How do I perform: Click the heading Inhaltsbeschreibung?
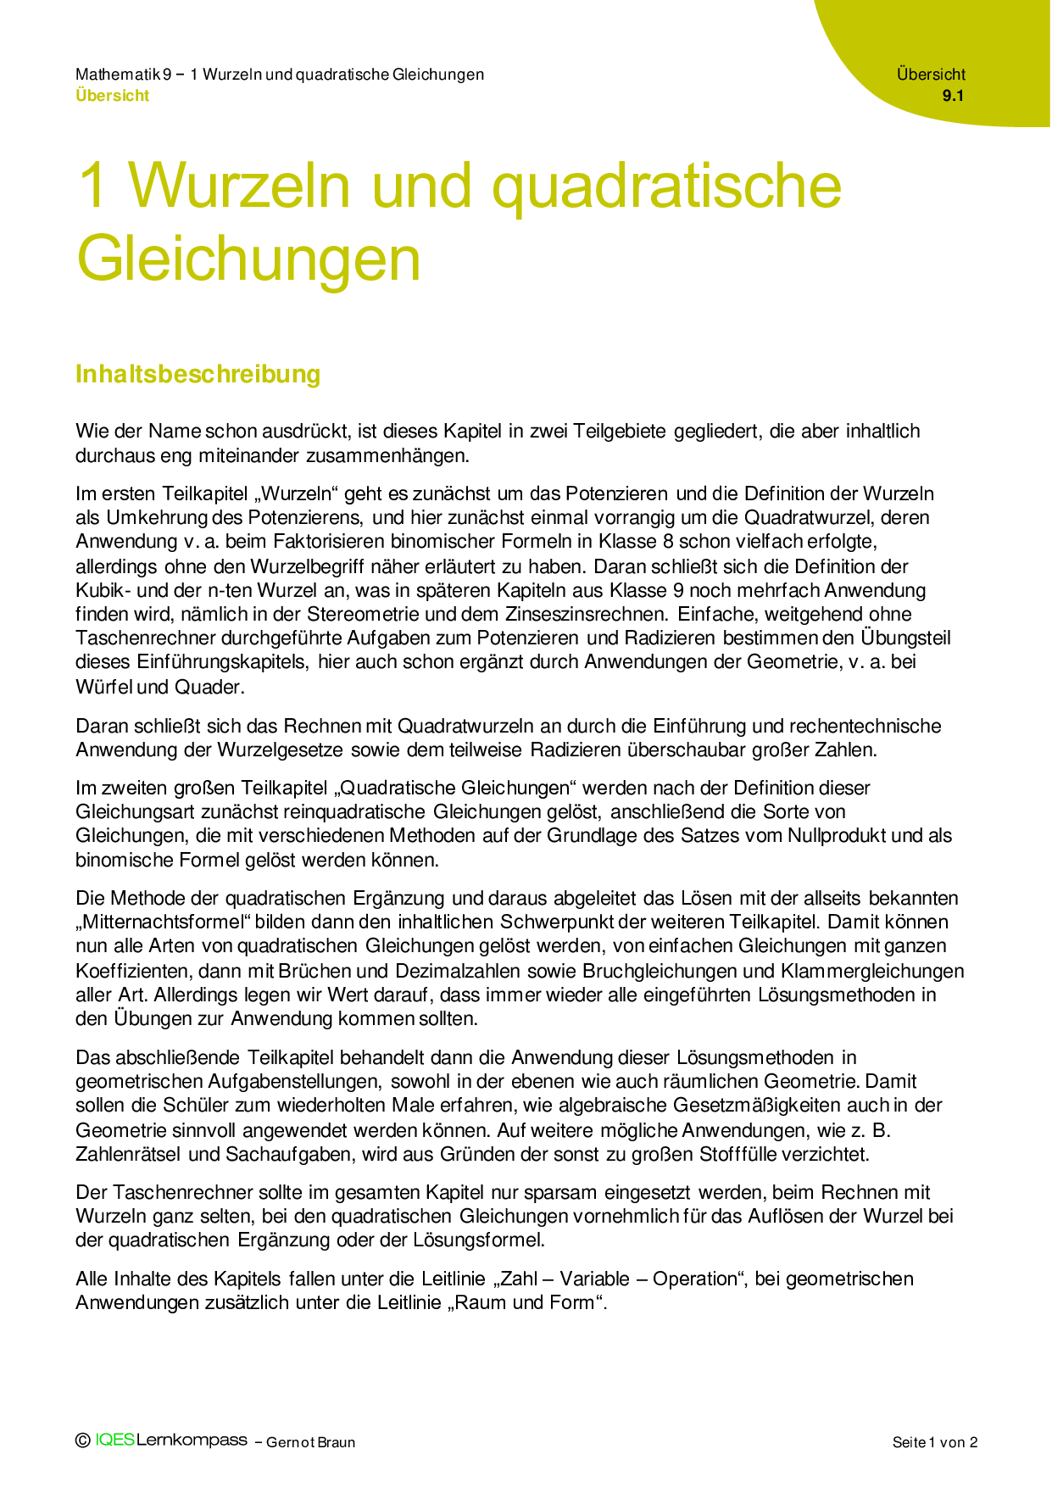(198, 374)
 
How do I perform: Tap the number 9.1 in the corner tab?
(953, 96)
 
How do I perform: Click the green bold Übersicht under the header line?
(112, 96)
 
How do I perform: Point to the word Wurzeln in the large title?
(239, 185)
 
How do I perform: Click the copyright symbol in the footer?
(83, 1441)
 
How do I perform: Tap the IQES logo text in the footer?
(115, 1441)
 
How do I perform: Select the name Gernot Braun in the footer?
(310, 1442)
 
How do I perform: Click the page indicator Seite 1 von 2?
(934, 1442)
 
